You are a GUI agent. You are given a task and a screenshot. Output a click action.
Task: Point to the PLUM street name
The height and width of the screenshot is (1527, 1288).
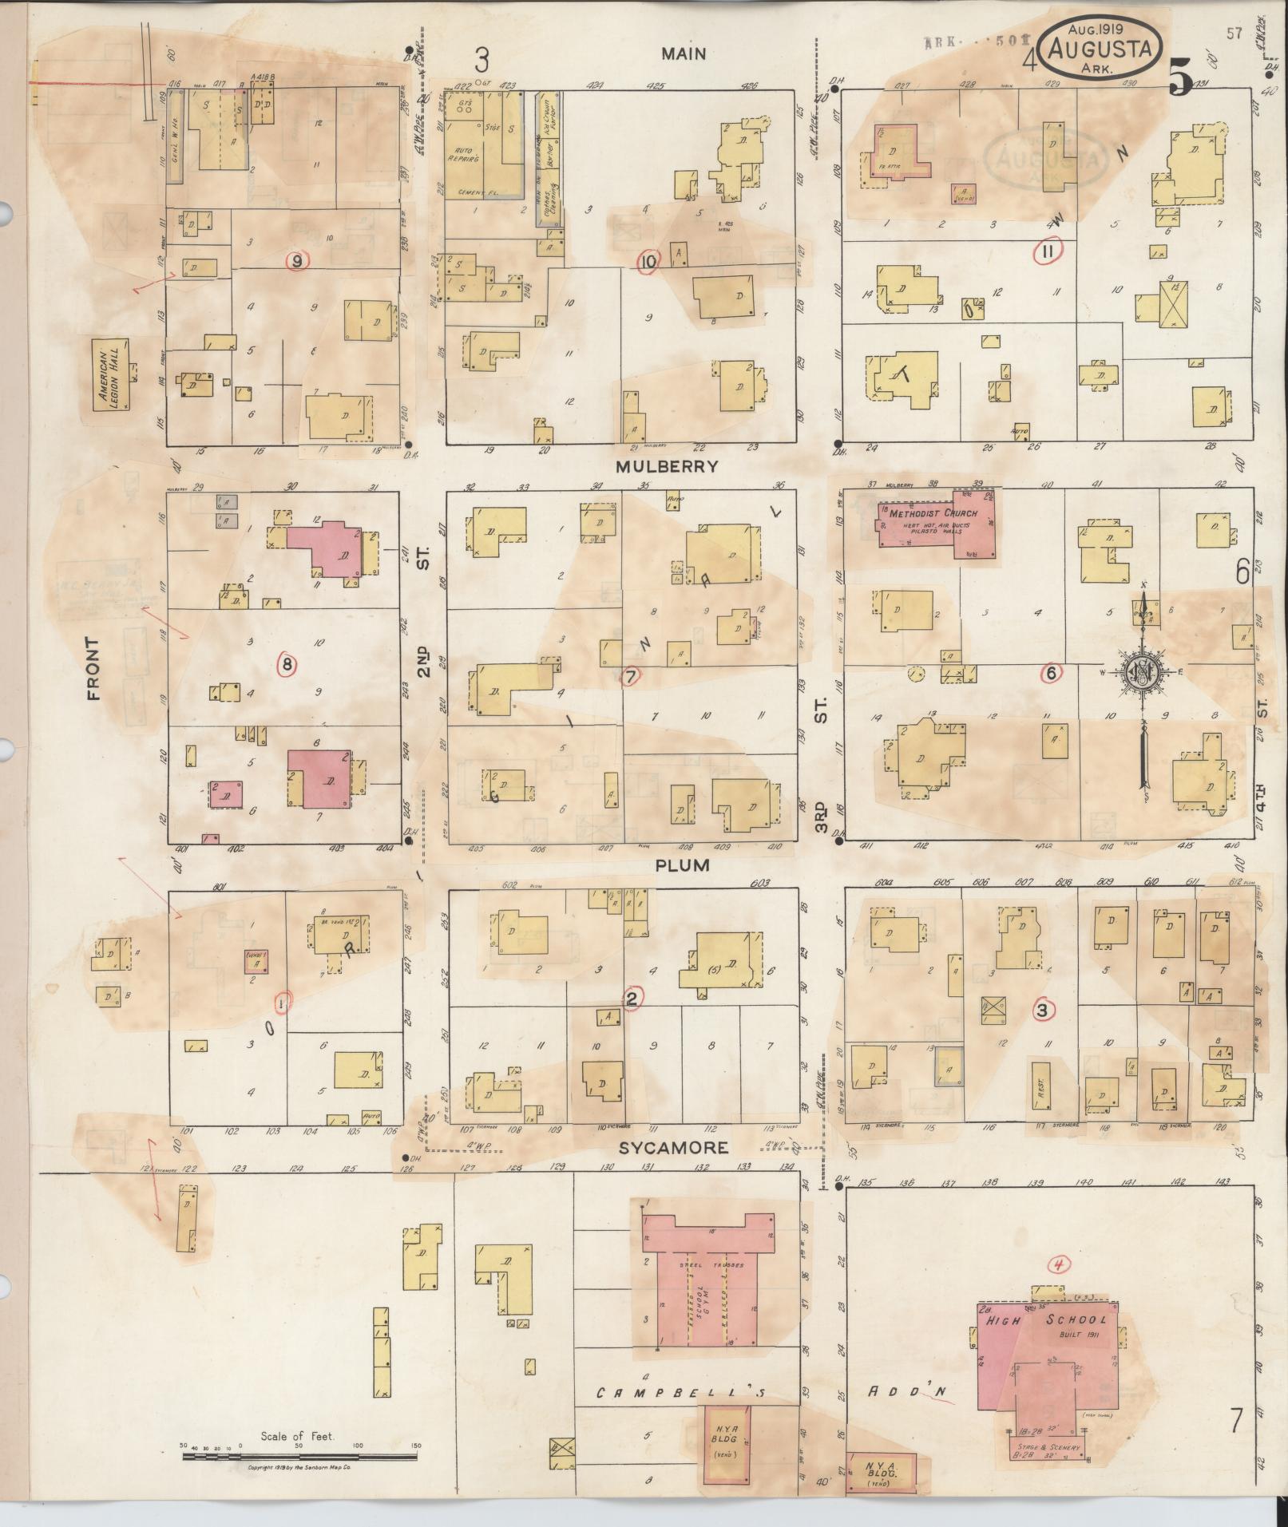(682, 865)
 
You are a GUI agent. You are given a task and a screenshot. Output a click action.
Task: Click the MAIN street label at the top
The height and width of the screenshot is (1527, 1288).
(683, 53)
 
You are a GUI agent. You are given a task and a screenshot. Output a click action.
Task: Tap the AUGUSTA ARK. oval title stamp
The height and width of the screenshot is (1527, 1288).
(1101, 49)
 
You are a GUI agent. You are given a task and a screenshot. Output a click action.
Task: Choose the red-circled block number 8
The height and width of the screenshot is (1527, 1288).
(287, 663)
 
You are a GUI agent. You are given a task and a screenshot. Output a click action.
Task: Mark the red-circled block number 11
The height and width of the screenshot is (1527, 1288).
(1046, 252)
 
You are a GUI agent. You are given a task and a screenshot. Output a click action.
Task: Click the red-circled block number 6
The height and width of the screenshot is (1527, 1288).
(1051, 674)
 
